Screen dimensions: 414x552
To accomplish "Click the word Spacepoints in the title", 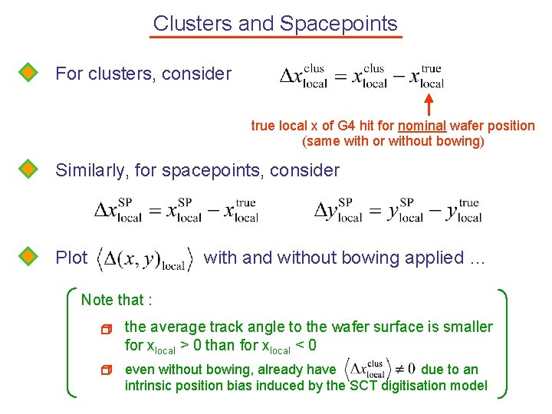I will pyautogui.click(x=339, y=24).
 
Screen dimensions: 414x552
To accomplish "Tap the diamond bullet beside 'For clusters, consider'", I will pyautogui.click(x=28, y=73).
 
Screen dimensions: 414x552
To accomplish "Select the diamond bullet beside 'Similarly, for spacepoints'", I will pyautogui.click(x=28, y=169).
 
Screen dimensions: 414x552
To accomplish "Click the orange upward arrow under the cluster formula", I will pyautogui.click(x=429, y=103).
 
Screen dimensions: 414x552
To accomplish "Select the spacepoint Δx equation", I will pyautogui.click(x=176, y=209).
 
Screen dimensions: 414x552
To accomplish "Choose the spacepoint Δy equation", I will pyautogui.click(x=398, y=209).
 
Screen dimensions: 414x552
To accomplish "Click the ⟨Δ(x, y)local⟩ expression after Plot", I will pyautogui.click(x=145, y=259).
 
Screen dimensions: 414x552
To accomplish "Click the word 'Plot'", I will pyautogui.click(x=71, y=258).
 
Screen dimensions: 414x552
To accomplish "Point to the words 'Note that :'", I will pyautogui.click(x=117, y=300).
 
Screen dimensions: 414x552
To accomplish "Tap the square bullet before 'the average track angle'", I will pyautogui.click(x=107, y=329).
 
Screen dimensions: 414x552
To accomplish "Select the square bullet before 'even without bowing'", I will pyautogui.click(x=107, y=370).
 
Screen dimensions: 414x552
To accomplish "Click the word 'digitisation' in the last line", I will pyautogui.click(x=415, y=386).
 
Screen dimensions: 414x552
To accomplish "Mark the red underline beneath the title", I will pyautogui.click(x=276, y=36).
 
